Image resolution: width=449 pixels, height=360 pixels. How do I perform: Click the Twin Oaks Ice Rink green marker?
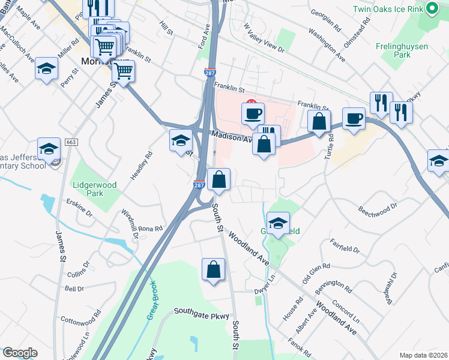pyautogui.click(x=431, y=8)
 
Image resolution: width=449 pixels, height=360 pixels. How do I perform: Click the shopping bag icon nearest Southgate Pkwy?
pyautogui.click(x=213, y=270)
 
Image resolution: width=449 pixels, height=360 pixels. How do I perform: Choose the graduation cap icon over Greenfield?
pyautogui.click(x=277, y=224)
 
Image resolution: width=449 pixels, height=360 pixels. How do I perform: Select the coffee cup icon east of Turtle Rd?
pyautogui.click(x=354, y=118)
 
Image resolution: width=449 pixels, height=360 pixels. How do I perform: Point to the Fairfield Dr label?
pyautogui.click(x=345, y=245)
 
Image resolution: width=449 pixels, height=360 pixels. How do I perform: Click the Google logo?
pyautogui.click(x=20, y=353)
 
